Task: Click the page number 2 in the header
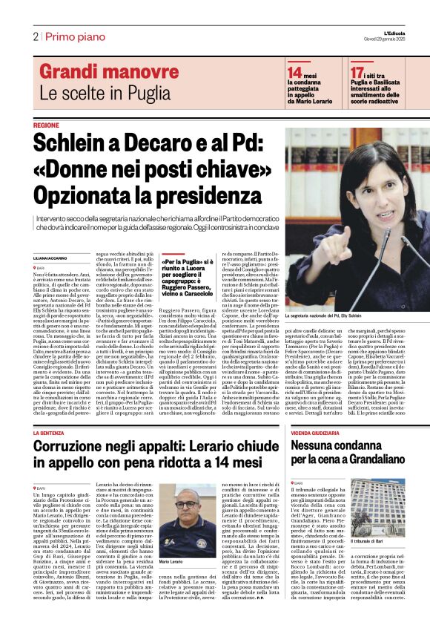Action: [35, 36]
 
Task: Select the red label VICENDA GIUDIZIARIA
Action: [320, 432]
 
